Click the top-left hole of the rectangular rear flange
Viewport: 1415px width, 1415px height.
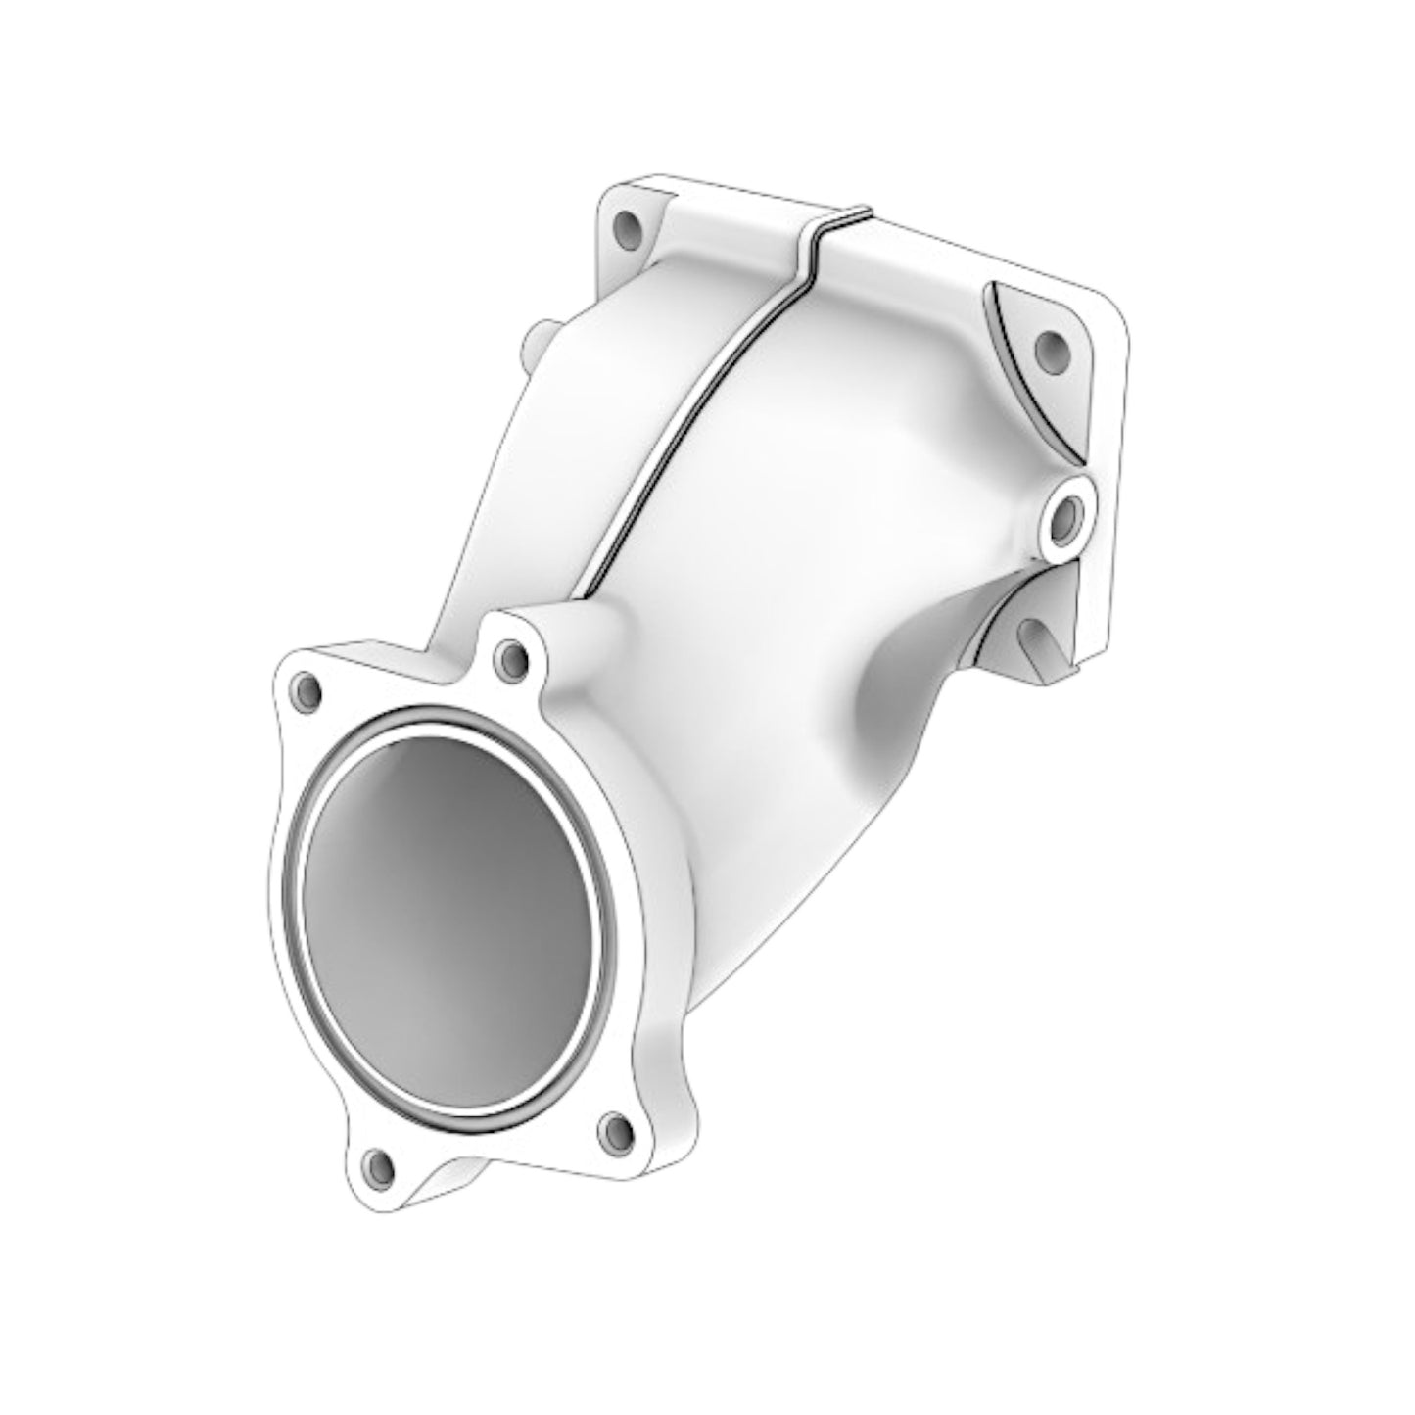pyautogui.click(x=624, y=231)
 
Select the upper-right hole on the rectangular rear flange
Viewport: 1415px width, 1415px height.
pyautogui.click(x=1050, y=349)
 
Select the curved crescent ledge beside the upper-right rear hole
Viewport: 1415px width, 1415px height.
pyautogui.click(x=1018, y=372)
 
